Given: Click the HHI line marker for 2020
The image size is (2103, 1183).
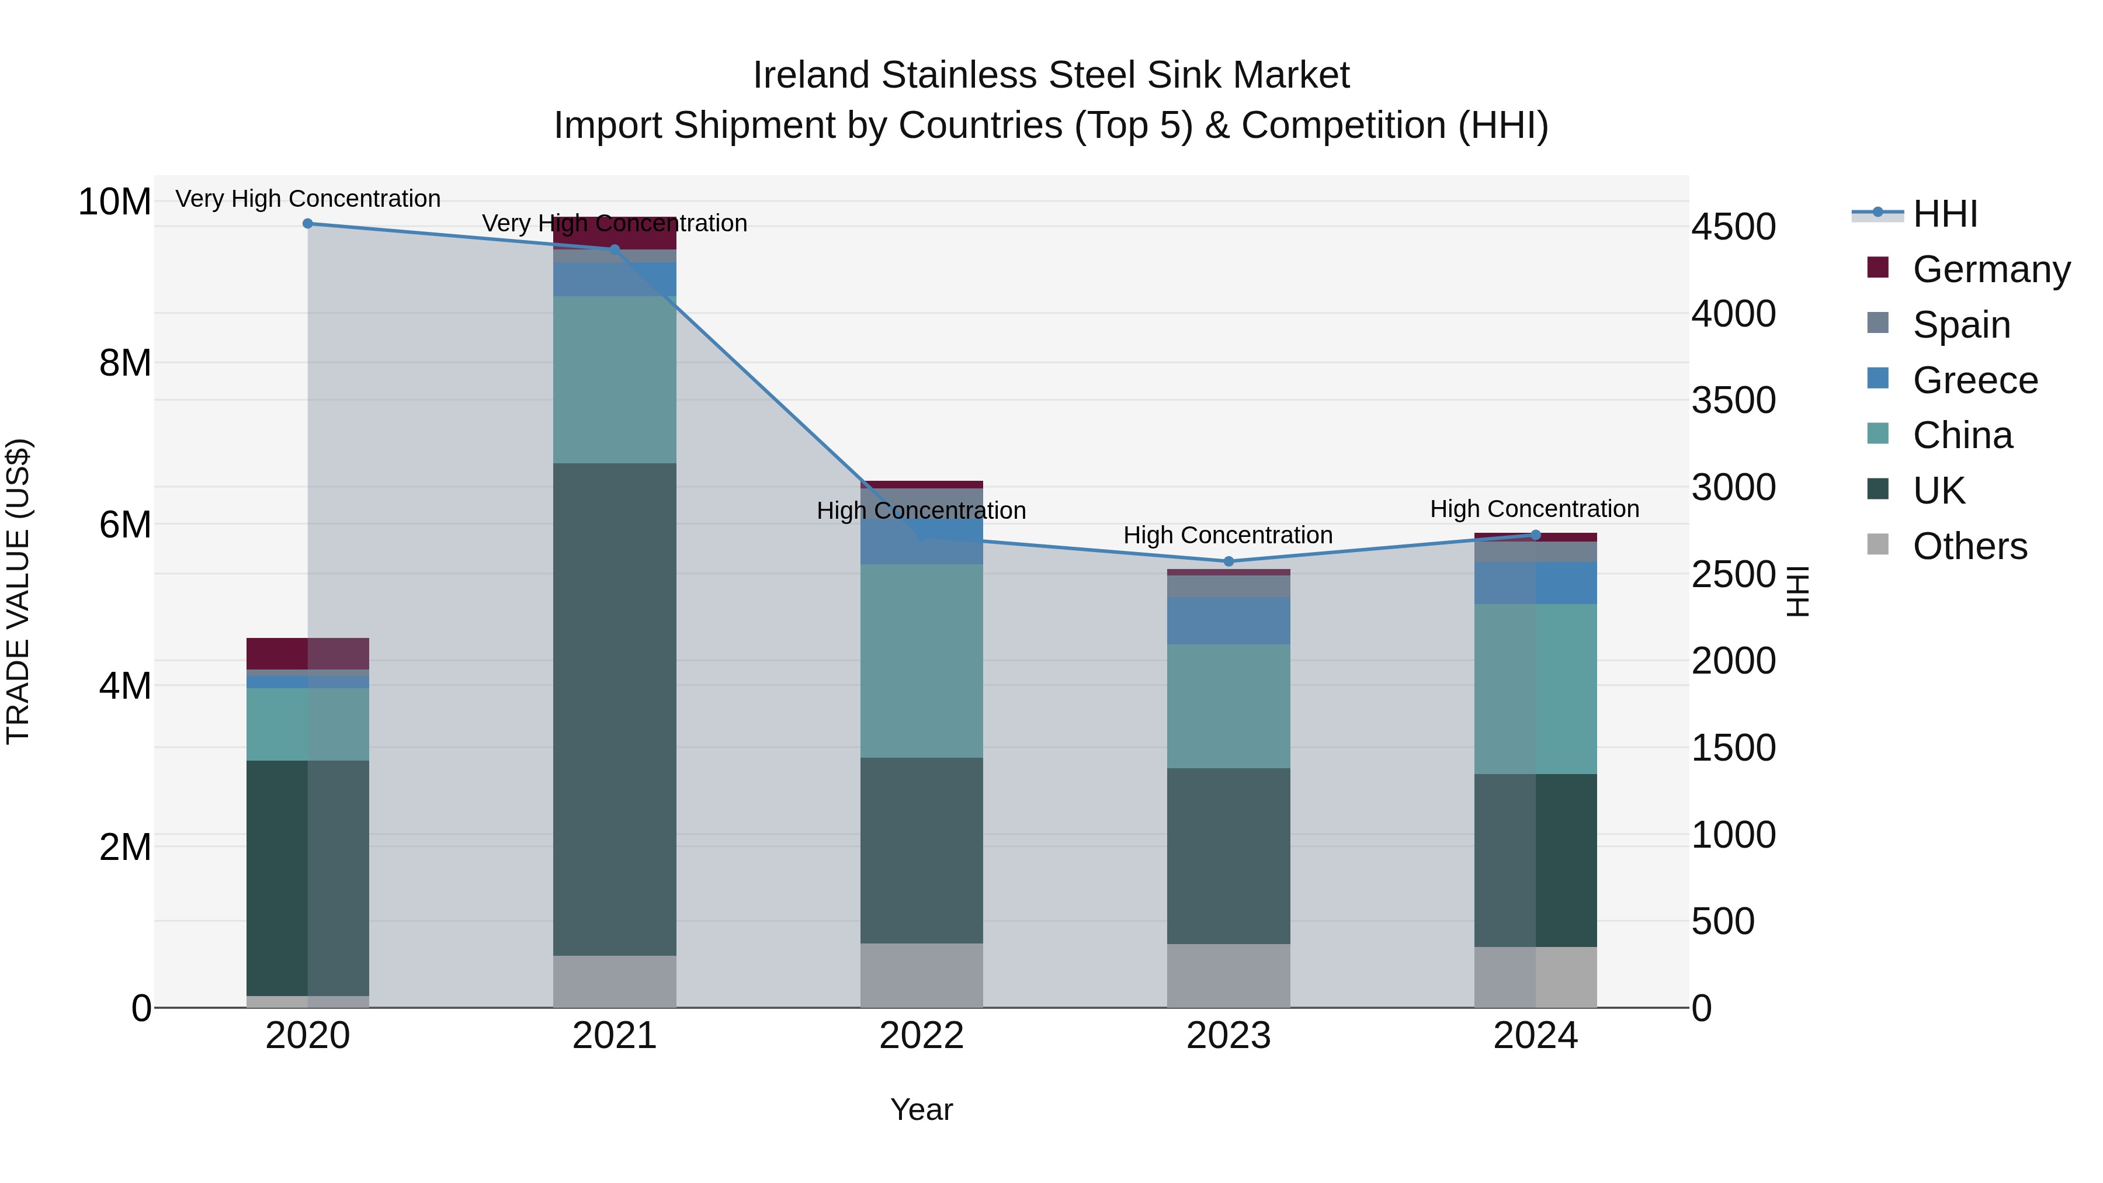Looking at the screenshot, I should pyautogui.click(x=308, y=224).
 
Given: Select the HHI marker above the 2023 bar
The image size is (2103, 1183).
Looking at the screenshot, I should pyautogui.click(x=1228, y=561).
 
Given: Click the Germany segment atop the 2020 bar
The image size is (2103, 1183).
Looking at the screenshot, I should pyautogui.click(x=277, y=653).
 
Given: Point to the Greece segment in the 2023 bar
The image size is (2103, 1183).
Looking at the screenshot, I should pyautogui.click(x=1228, y=620).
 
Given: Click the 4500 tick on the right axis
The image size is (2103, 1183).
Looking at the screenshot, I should pyautogui.click(x=1733, y=227).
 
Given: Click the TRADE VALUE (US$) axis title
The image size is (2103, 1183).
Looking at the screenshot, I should pyautogui.click(x=18, y=591).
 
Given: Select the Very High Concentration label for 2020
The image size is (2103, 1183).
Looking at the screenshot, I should pyautogui.click(x=308, y=199).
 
